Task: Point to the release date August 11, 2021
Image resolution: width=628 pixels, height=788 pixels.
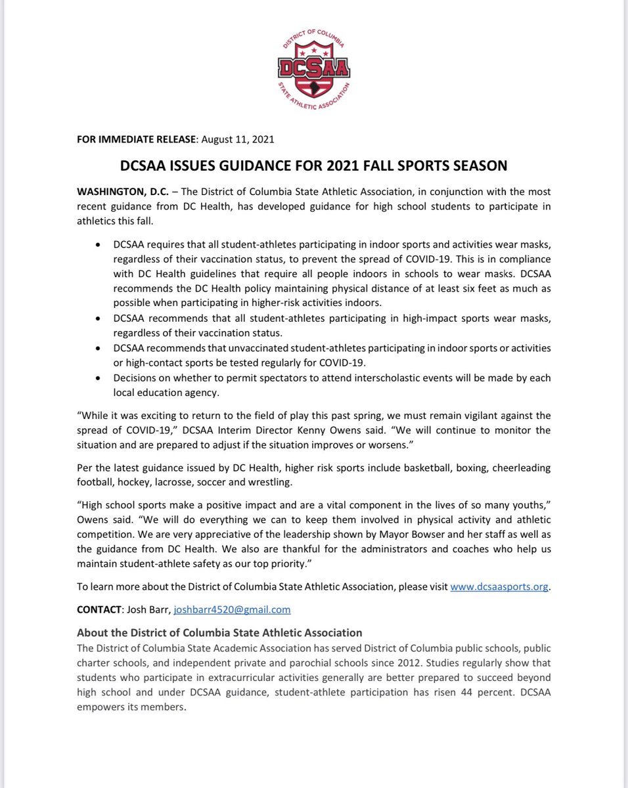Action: click(x=238, y=139)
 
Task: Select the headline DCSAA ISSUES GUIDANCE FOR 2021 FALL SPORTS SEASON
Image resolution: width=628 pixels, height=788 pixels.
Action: click(x=314, y=165)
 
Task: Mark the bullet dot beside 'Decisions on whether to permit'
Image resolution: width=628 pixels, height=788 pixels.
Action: click(x=98, y=379)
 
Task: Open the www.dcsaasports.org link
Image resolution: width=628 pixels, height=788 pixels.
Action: click(x=499, y=586)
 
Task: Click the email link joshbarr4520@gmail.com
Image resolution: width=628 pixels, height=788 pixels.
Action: click(x=231, y=609)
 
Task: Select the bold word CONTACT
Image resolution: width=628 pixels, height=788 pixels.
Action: click(x=99, y=609)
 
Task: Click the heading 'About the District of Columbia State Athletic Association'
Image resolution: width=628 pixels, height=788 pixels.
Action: click(x=219, y=633)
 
